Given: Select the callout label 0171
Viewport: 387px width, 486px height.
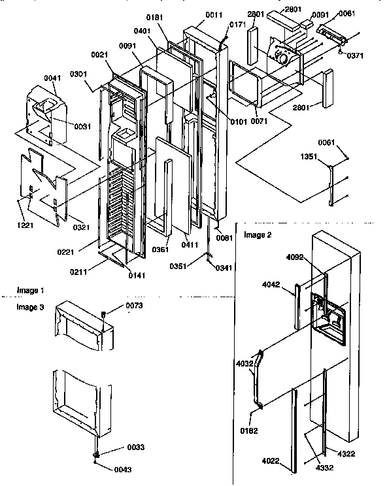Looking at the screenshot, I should click(237, 24).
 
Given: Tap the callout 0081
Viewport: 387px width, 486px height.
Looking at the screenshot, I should click(224, 238).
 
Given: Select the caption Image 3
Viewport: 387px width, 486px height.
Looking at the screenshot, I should click(31, 306).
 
